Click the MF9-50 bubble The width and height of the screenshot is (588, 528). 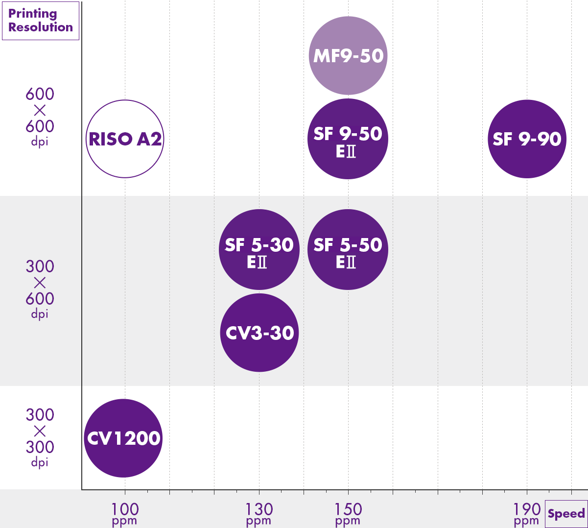348,56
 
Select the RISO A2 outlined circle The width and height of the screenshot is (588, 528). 124,139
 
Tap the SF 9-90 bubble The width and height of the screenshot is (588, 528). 527,139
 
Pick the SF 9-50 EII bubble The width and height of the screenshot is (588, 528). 348,139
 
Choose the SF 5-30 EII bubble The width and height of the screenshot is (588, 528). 259,249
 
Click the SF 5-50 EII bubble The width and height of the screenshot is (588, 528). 348,249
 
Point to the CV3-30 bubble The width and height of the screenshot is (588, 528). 259,333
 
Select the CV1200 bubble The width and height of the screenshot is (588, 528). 123,438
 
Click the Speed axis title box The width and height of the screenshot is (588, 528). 566,514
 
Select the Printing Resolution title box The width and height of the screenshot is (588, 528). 41,21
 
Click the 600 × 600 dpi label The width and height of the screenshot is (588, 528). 40,117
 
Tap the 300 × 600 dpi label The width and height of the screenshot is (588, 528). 40,289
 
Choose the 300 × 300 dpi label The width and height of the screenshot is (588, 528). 40,437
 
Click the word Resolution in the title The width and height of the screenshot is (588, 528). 41,27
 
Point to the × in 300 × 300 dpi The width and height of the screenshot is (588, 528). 40,431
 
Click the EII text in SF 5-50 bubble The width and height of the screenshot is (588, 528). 346,263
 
